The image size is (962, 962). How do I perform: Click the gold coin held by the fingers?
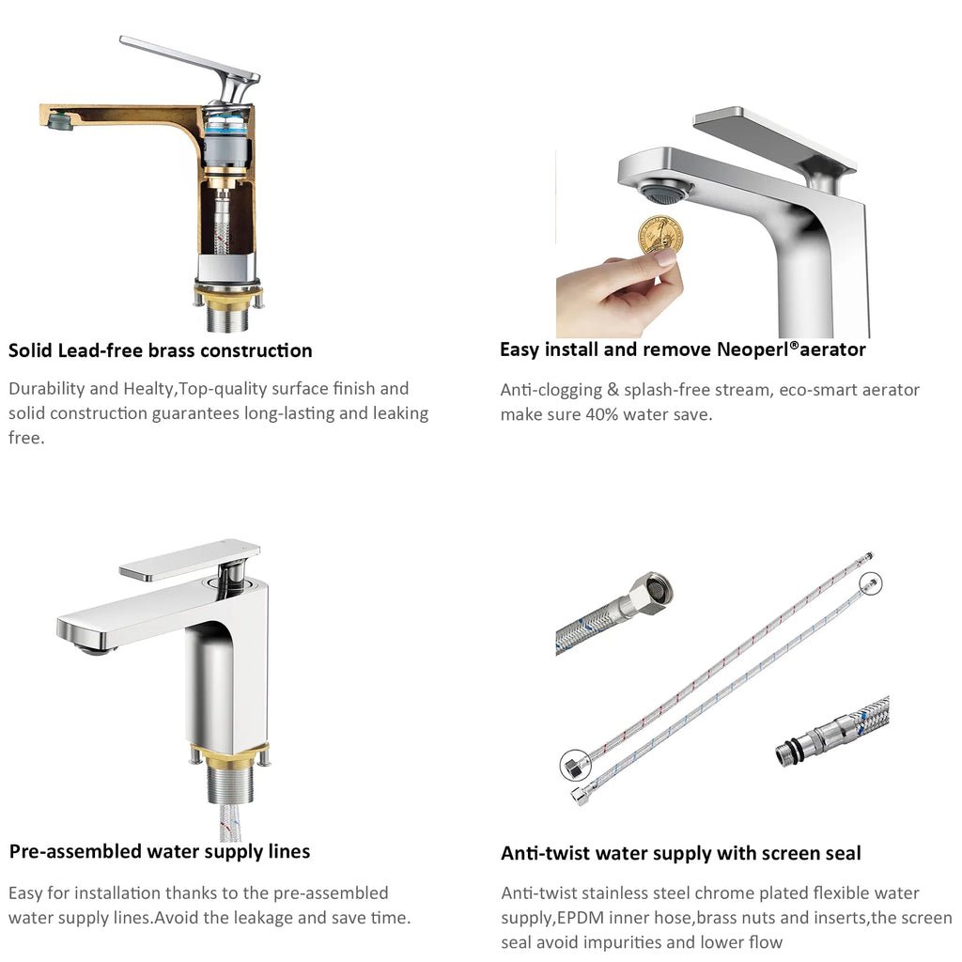[660, 234]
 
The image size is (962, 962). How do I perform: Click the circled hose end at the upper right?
[870, 582]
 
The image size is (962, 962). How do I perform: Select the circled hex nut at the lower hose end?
[575, 765]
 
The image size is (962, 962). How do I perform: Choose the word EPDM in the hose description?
[581, 918]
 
